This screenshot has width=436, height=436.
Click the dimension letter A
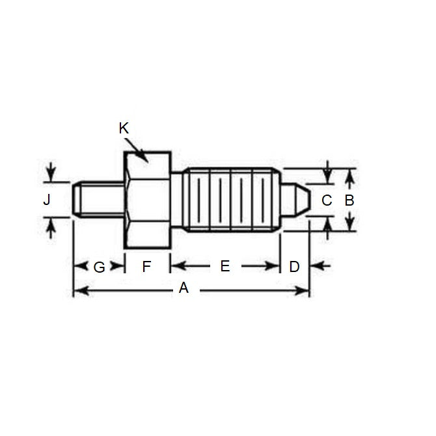184,288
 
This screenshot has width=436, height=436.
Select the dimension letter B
349,200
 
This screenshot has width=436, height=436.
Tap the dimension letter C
327,200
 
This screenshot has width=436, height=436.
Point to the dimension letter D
294,266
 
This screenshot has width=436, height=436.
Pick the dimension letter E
225,266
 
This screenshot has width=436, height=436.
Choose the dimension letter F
146,266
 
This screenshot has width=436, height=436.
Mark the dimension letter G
99,266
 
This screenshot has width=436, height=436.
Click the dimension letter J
46,200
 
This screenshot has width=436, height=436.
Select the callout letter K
124,128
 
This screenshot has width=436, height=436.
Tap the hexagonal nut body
147,199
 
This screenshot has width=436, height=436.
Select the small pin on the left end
96,199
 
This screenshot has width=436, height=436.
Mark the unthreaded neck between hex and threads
177,199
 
